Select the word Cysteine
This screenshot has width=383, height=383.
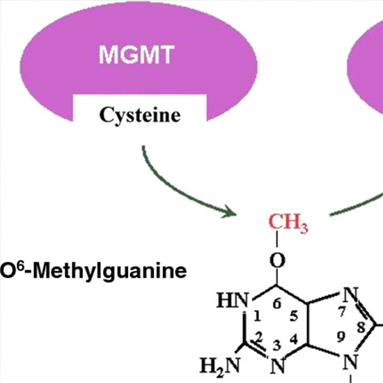140,116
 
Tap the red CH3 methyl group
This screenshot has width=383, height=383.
289,224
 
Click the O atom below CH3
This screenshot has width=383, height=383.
277,262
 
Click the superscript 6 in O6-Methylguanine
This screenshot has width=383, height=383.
21,265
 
